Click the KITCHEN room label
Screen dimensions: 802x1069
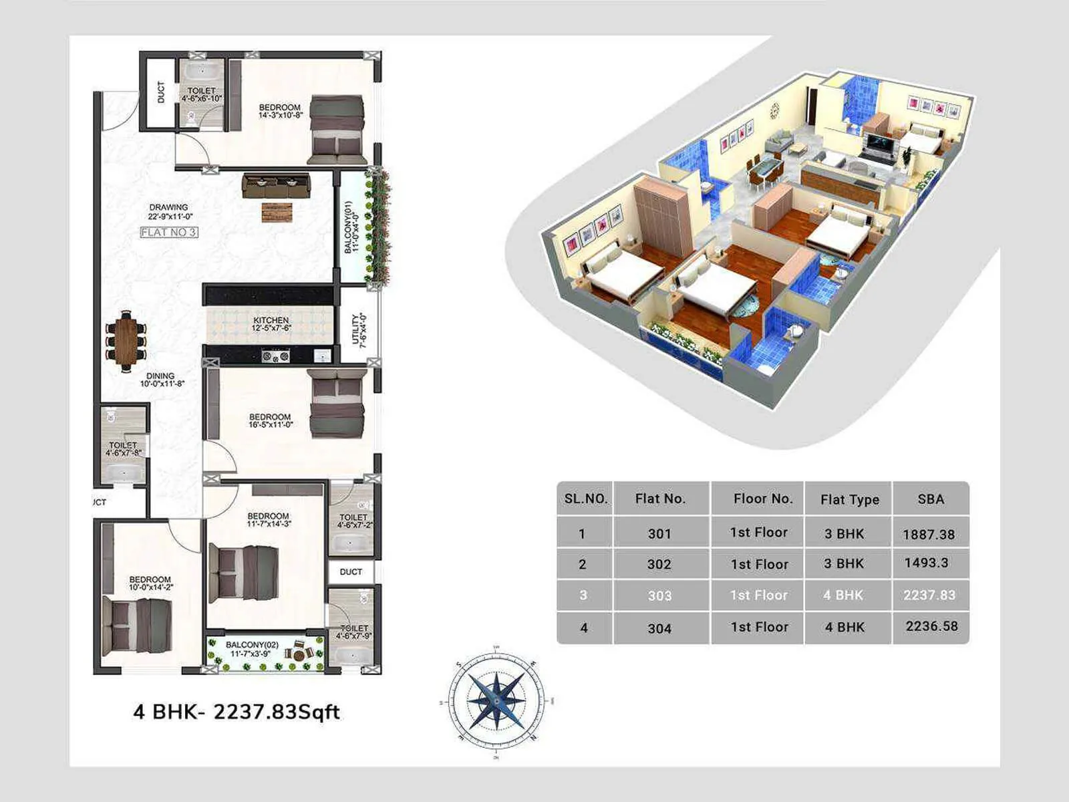[271, 324]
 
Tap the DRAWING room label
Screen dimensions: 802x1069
[169, 211]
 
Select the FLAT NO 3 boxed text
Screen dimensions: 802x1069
[169, 233]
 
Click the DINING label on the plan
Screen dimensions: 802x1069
[161, 380]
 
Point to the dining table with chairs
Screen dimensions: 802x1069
[125, 342]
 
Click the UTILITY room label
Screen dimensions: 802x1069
[359, 330]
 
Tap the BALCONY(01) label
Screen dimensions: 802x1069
[351, 228]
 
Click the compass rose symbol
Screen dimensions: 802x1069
[496, 700]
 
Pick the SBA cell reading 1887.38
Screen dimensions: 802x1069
[929, 534]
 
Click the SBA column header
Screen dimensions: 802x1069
[931, 499]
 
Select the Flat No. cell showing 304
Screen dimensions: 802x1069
[659, 628]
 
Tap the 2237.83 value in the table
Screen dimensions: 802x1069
[929, 595]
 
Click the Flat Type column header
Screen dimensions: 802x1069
[849, 499]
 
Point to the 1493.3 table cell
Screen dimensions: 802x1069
[926, 563]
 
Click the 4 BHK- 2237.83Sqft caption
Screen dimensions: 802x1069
[237, 712]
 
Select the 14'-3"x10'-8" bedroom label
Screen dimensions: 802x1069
[281, 111]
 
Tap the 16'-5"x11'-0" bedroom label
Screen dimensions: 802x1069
[271, 420]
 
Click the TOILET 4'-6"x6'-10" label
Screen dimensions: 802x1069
[201, 94]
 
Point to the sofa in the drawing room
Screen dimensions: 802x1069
[276, 185]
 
